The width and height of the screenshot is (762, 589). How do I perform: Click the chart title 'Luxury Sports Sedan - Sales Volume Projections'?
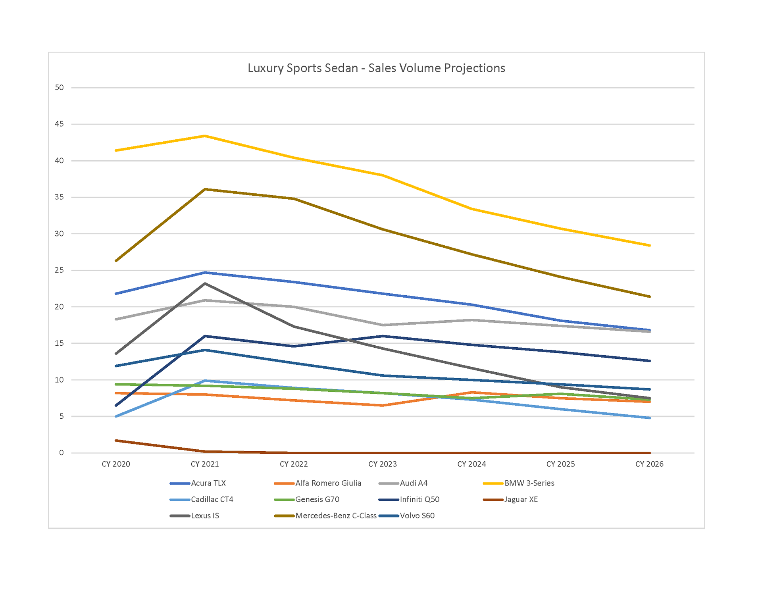click(x=376, y=68)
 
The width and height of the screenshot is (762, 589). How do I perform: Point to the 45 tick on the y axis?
click(x=59, y=124)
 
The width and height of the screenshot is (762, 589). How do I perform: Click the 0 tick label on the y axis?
click(x=61, y=453)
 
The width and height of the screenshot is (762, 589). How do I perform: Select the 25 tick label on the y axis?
click(x=59, y=270)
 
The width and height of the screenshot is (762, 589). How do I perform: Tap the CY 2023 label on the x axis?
click(x=383, y=464)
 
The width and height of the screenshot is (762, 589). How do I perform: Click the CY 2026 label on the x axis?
click(x=649, y=464)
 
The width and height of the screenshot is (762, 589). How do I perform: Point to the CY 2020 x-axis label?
click(x=116, y=464)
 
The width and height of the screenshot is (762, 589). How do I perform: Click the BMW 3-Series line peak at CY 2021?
click(x=205, y=136)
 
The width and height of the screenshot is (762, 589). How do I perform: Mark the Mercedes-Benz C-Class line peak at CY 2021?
click(x=205, y=189)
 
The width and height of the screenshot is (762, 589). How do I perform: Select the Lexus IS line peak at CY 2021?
click(x=205, y=283)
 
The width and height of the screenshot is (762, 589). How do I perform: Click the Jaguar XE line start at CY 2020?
click(x=116, y=441)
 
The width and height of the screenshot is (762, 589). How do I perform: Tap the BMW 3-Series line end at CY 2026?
click(x=649, y=245)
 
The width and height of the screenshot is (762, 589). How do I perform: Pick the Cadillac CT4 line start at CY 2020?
click(x=116, y=416)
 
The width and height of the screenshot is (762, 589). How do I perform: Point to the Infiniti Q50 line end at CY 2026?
click(x=649, y=361)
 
